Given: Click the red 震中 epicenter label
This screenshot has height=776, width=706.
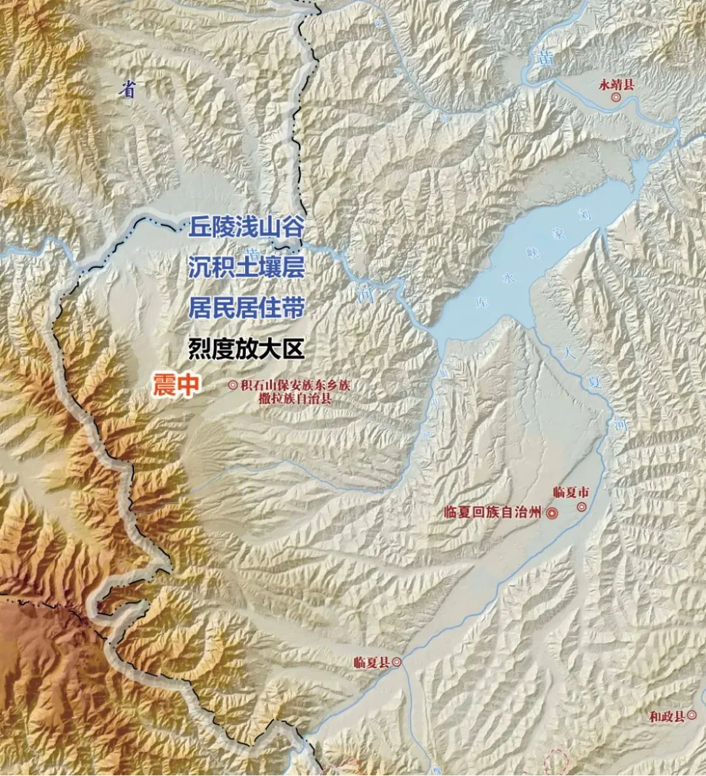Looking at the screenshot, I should click(x=175, y=385).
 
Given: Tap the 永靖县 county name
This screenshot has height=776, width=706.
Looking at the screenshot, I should click(x=616, y=84).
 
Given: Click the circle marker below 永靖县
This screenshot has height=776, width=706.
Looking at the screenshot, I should click(x=616, y=98).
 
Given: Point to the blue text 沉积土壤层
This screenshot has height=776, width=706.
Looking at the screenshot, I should click(x=246, y=267).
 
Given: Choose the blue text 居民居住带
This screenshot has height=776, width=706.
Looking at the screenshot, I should click(x=246, y=308).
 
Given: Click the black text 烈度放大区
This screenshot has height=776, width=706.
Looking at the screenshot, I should click(x=246, y=348).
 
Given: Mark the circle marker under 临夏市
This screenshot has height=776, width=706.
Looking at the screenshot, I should click(x=580, y=507).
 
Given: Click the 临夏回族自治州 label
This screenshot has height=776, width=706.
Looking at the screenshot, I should click(x=492, y=513).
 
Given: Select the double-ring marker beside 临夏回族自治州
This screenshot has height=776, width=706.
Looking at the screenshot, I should click(x=552, y=513).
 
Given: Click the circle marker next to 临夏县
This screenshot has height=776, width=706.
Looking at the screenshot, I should click(x=397, y=662).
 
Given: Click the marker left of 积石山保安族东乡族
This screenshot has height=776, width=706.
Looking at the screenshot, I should click(x=233, y=386).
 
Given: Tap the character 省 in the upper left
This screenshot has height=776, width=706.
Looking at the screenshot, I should click(x=129, y=90).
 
